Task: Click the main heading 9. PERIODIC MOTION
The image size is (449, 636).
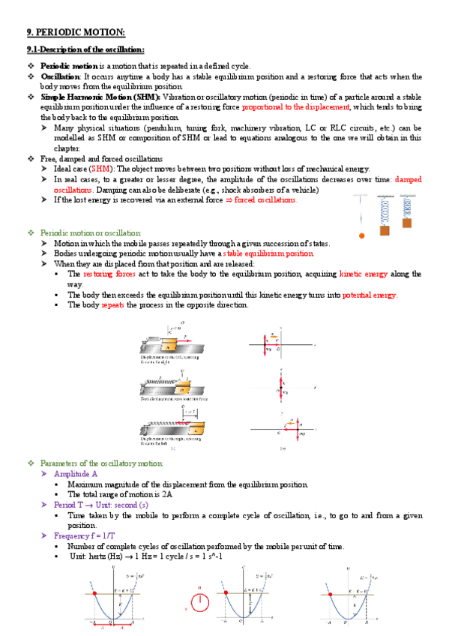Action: pyautogui.click(x=76, y=31)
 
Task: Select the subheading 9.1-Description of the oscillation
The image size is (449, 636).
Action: pyautogui.click(x=85, y=49)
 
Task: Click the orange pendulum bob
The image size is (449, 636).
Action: pyautogui.click(x=361, y=235)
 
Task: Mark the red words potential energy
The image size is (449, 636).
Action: pyautogui.click(x=370, y=295)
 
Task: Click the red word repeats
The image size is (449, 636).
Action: pyautogui.click(x=112, y=304)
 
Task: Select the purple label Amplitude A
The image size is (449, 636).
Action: pyautogui.click(x=76, y=475)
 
